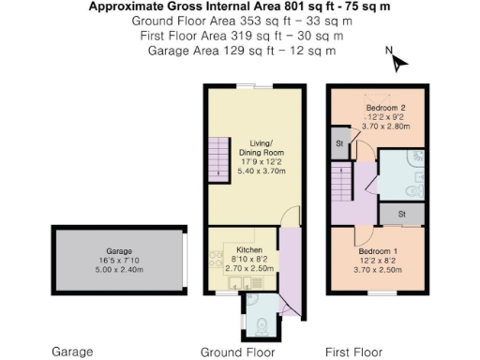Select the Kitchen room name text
(x=248, y=250)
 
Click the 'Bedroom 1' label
(x=376, y=251)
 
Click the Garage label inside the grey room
(x=118, y=252)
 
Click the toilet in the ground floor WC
(x=262, y=324)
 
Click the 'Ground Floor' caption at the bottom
(x=238, y=352)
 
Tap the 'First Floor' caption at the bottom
(x=354, y=352)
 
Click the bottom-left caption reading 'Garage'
(x=72, y=352)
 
